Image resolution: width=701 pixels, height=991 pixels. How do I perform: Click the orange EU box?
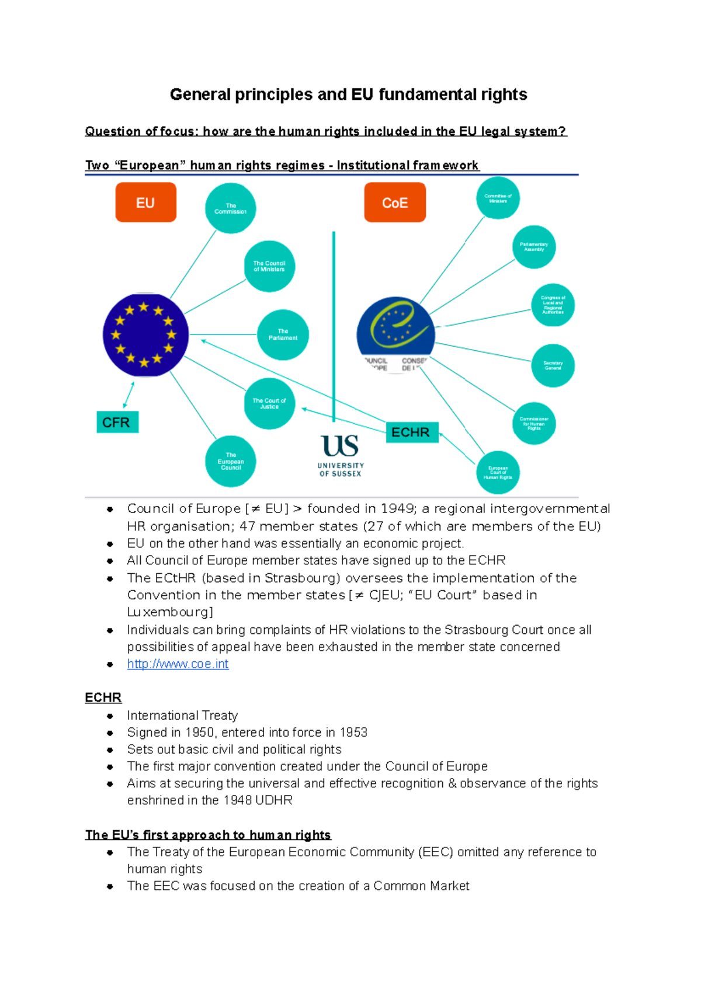click(145, 203)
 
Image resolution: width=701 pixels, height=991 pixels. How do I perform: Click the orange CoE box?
click(395, 203)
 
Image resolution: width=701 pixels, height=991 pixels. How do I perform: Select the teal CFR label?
click(117, 422)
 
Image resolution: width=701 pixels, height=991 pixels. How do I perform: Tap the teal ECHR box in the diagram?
click(411, 432)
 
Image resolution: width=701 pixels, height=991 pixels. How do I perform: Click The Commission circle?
click(230, 208)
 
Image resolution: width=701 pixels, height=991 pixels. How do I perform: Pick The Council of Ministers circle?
click(269, 266)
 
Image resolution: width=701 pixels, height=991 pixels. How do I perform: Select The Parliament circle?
click(283, 334)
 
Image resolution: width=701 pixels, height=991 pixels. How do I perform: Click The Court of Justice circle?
click(269, 403)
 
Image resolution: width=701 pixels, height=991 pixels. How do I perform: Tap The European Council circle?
click(230, 461)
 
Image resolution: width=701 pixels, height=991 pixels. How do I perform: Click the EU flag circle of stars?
click(145, 335)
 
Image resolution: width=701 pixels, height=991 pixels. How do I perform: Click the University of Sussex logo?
click(341, 456)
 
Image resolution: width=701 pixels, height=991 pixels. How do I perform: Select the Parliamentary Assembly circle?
click(534, 247)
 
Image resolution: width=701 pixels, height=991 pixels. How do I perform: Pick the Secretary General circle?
click(553, 365)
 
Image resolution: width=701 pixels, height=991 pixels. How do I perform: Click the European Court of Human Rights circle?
click(498, 472)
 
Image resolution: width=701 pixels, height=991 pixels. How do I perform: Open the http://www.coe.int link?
click(178, 664)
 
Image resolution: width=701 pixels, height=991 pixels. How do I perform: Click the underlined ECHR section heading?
click(103, 698)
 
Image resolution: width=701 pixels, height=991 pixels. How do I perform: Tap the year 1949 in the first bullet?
click(397, 509)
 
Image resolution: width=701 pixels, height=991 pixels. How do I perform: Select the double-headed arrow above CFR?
click(129, 395)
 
